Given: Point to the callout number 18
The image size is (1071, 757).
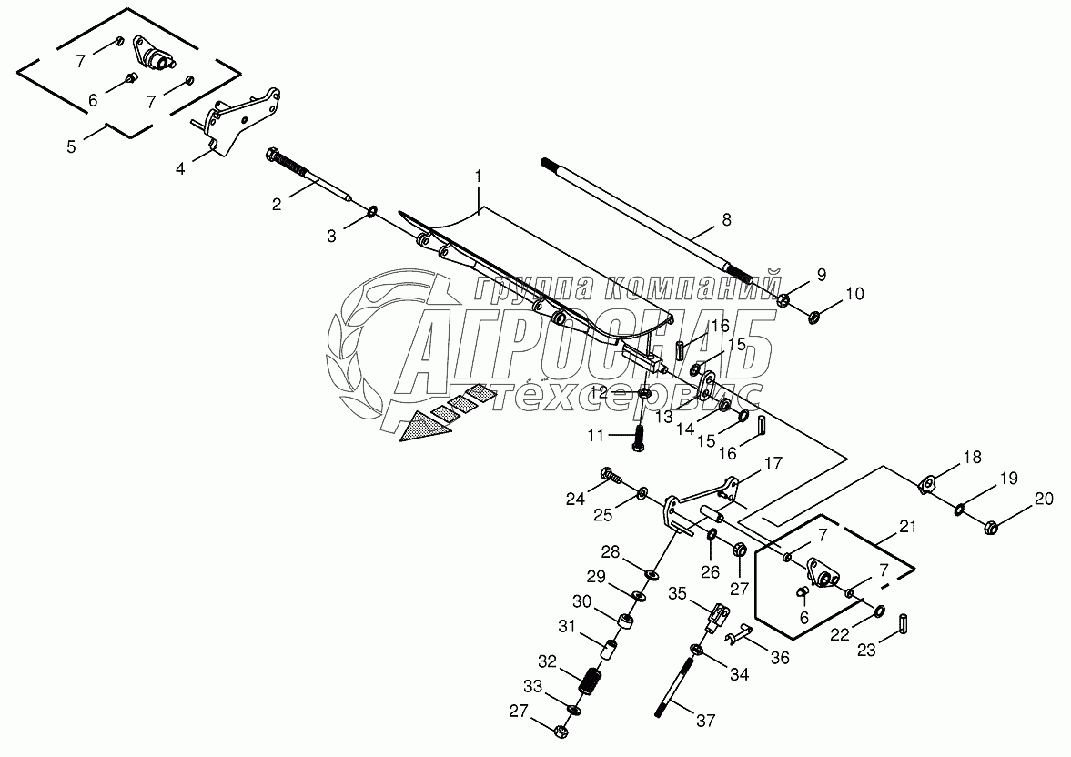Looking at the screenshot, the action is pos(972,458).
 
